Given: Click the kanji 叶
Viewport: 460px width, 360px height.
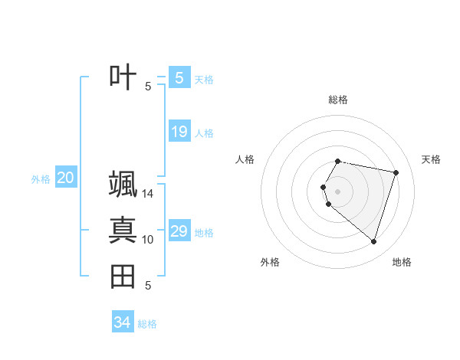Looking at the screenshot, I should coord(123,77).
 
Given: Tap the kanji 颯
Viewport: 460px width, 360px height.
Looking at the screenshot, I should coord(123,184).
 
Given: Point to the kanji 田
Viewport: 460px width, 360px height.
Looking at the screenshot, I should coord(123,276).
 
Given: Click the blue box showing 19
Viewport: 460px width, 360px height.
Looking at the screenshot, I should coord(179,132).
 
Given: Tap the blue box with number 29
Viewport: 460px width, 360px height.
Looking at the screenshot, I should coord(179,231).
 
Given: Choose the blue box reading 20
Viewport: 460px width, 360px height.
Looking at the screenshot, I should coord(65,178).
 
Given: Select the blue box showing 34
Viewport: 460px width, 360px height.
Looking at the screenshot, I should coord(122,322).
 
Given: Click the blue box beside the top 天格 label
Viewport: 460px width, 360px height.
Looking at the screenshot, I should coord(179,78).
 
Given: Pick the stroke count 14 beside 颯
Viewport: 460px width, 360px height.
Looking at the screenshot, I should coord(148,193).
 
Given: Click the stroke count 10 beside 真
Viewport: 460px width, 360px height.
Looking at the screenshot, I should coord(148,240).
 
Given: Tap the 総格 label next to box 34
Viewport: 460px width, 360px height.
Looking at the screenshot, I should coord(147,324).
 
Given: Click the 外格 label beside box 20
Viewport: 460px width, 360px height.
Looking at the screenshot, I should coord(41,179).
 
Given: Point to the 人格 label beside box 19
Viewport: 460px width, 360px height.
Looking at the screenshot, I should coord(204,133).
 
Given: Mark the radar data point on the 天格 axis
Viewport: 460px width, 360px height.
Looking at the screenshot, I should coord(396,172).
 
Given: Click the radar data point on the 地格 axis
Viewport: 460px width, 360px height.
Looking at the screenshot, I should coord(373,242).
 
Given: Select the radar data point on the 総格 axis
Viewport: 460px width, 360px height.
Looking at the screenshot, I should coord(337,162).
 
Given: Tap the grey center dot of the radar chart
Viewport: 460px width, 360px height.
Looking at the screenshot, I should coord(337,191).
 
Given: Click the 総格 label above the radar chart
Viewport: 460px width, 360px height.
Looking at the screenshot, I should coord(338,100).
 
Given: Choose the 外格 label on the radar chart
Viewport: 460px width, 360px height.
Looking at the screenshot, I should coord(270,262).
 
